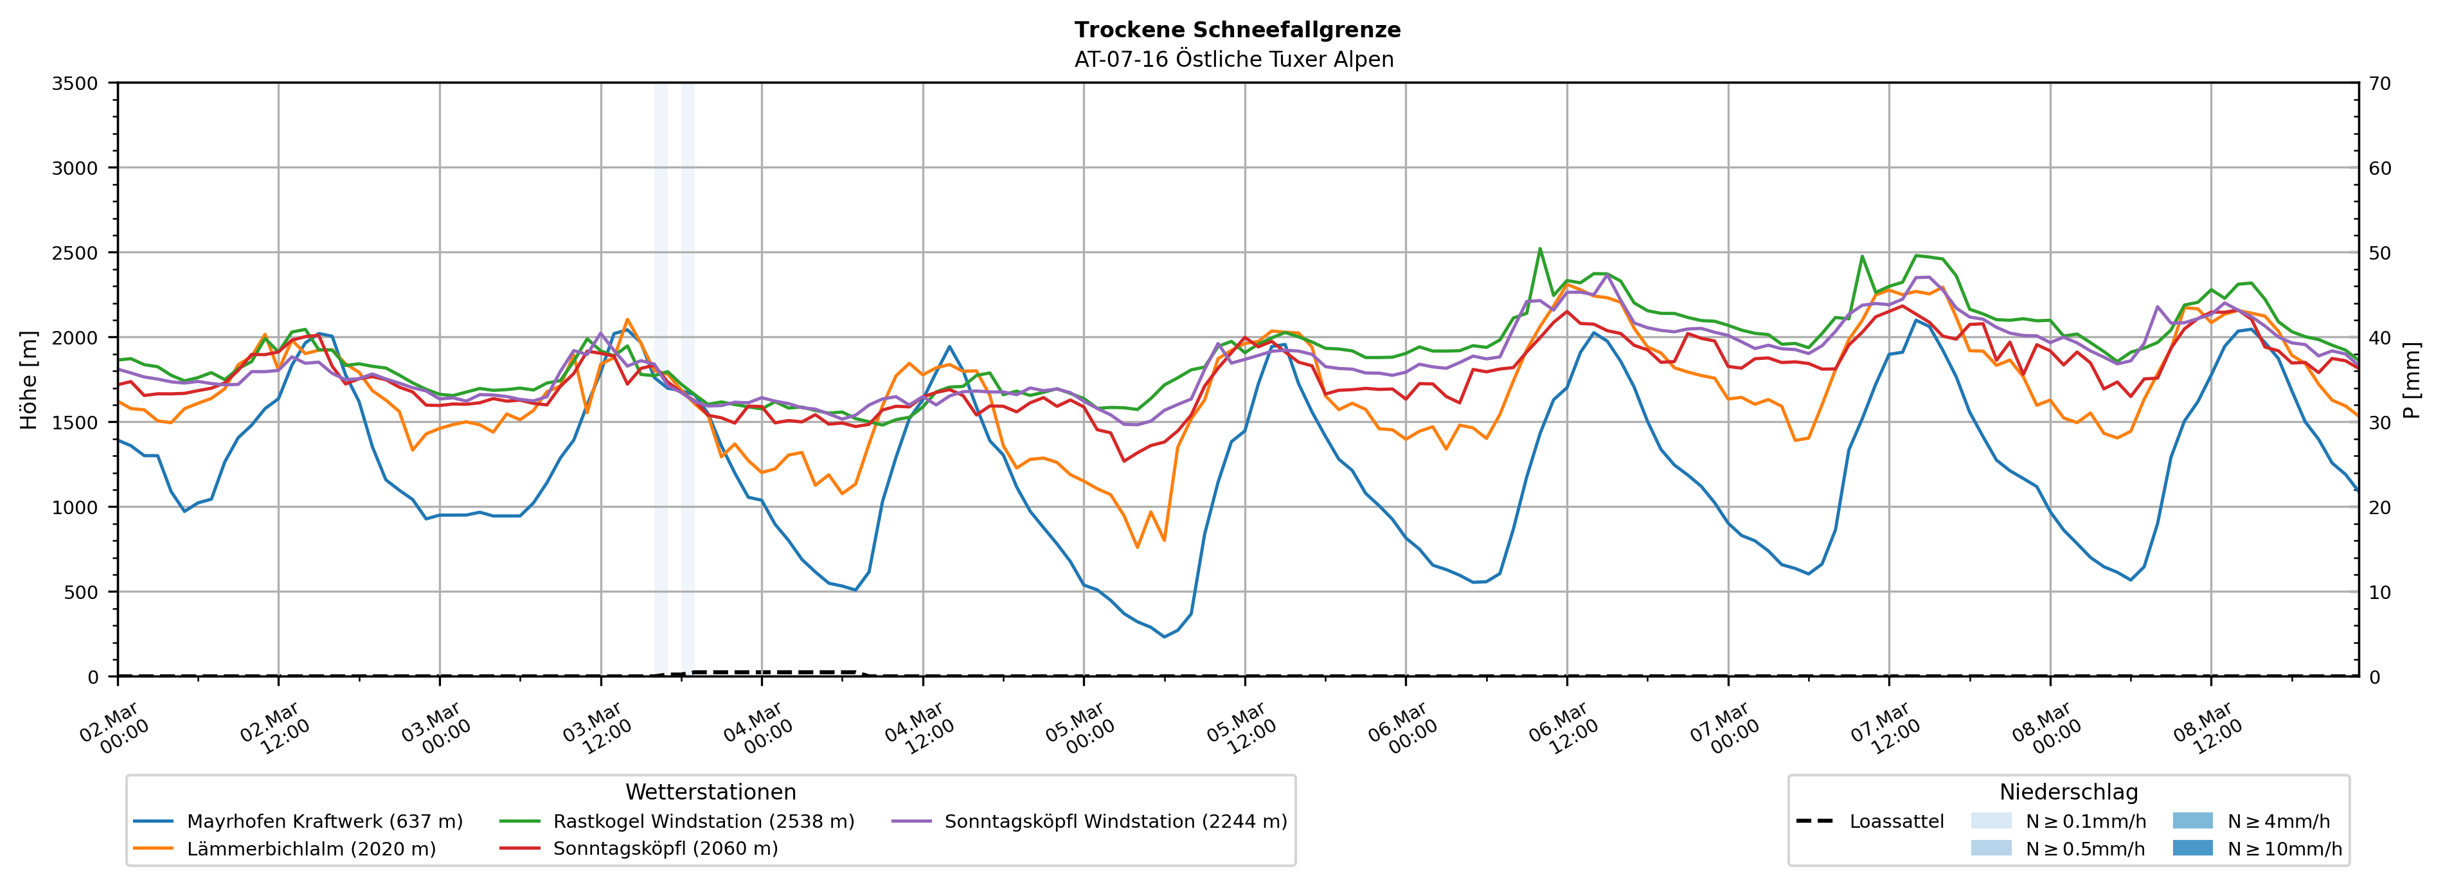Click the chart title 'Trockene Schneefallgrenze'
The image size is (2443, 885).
click(1237, 30)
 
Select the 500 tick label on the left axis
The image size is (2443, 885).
click(80, 593)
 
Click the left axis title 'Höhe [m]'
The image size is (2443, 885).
click(28, 379)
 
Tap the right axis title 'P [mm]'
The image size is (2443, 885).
click(2412, 379)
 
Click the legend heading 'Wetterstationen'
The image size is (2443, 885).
click(710, 792)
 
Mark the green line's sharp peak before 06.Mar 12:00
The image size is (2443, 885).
click(1539, 249)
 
